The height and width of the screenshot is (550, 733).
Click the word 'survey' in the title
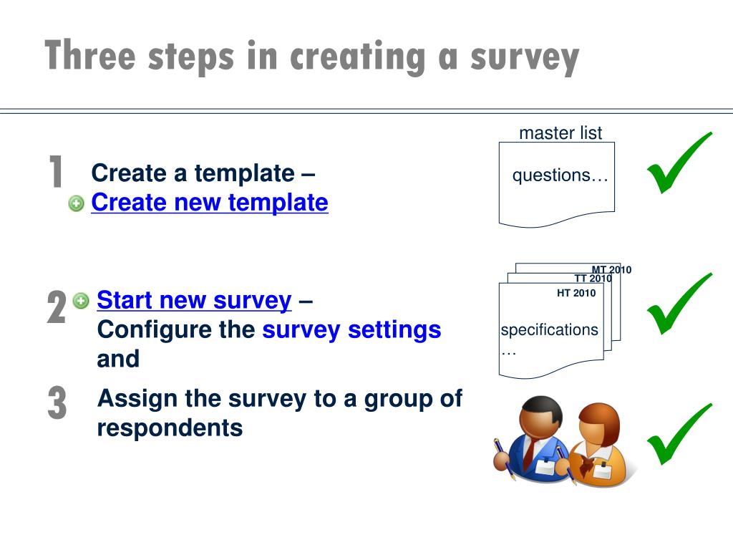tap(525, 57)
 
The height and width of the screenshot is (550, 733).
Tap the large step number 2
tap(57, 308)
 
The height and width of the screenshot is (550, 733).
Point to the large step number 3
tap(57, 403)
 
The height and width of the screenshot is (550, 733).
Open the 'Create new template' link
tap(210, 203)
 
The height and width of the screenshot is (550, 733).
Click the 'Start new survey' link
tap(194, 301)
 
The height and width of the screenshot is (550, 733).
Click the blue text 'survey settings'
tap(351, 330)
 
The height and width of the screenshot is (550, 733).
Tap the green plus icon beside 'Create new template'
tap(77, 204)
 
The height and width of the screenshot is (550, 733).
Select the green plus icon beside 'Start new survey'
tap(82, 301)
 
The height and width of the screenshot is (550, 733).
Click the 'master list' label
tap(560, 133)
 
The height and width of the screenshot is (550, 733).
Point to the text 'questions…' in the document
tap(560, 175)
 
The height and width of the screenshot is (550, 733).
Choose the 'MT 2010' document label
tap(611, 270)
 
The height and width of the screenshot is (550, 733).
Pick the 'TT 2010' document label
tap(593, 279)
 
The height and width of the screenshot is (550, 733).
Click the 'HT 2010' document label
tap(576, 293)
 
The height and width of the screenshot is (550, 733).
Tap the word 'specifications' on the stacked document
tap(549, 330)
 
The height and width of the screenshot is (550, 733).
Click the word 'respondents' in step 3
tap(170, 428)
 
